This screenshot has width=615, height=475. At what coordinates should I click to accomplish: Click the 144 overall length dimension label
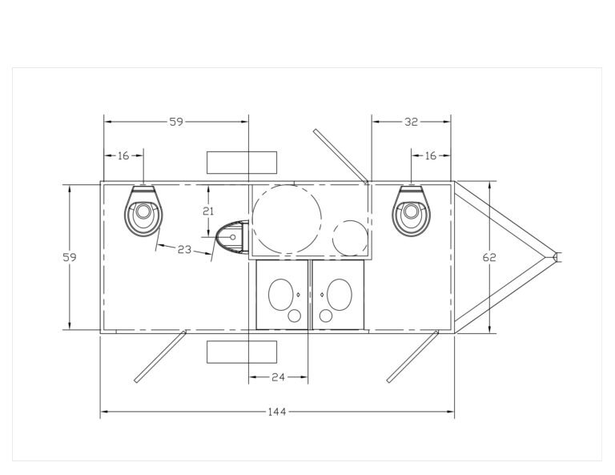[276, 412]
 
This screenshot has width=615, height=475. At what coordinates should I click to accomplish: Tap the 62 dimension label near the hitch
[489, 257]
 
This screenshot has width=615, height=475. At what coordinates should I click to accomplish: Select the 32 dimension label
[411, 122]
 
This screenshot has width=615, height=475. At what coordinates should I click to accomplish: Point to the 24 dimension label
[278, 377]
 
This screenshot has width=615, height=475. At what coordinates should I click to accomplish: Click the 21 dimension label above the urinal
[208, 211]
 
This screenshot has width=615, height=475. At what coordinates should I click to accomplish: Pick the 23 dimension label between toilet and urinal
[184, 249]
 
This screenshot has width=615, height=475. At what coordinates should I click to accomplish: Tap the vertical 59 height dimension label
[70, 257]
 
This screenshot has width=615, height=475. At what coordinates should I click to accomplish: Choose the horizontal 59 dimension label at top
[176, 122]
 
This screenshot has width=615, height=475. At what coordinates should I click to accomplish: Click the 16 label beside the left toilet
[123, 155]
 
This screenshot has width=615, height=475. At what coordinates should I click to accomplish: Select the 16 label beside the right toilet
[430, 155]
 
